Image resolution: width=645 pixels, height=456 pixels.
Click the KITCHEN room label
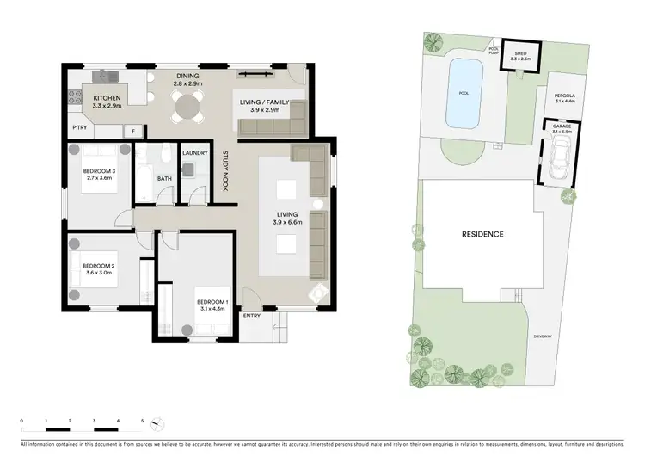click(106, 98)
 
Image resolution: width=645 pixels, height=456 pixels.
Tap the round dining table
click(187, 105)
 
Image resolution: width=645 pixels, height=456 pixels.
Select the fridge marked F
click(133, 131)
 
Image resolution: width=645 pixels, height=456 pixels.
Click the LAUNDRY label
click(195, 153)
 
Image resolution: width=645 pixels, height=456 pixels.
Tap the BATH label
click(163, 179)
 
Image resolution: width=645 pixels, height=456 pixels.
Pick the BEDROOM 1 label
click(212, 302)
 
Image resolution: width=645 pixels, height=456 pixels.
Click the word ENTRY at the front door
click(251, 316)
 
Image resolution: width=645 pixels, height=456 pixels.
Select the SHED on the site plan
click(521, 53)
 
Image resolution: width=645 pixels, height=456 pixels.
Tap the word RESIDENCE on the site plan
click(481, 234)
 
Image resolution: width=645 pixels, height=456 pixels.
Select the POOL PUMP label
click(494, 50)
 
